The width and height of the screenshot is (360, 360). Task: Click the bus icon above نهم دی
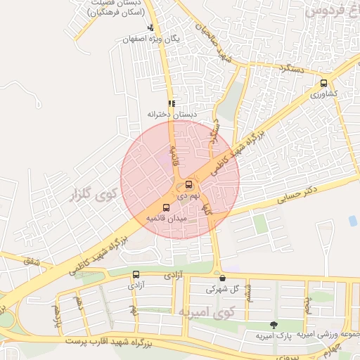[188, 185]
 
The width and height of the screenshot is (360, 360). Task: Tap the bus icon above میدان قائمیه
[166, 207]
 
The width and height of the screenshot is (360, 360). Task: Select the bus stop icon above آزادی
[136, 275]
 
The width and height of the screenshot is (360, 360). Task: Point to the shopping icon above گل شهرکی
[222, 278]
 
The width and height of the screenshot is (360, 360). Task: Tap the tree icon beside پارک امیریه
[273, 324]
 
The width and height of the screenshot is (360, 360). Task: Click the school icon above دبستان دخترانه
[172, 103]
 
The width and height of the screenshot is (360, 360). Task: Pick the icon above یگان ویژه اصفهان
[150, 28]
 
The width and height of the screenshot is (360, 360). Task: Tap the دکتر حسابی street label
[297, 195]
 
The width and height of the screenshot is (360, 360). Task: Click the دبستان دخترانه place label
[172, 114]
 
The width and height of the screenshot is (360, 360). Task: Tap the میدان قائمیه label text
[166, 219]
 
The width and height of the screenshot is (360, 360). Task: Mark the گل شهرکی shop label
[223, 289]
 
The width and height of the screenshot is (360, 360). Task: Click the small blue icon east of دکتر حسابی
[352, 221]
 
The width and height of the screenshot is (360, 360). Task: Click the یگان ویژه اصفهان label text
[151, 39]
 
